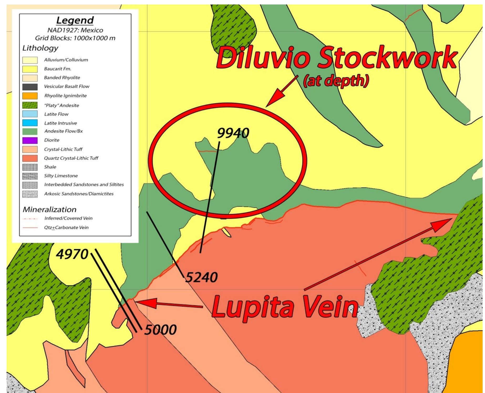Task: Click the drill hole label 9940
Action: (233, 133)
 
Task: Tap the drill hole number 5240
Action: (202, 277)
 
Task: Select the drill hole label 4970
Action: (72, 254)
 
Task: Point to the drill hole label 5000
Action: (161, 330)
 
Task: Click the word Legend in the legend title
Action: (75, 20)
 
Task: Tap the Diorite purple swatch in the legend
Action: (30, 140)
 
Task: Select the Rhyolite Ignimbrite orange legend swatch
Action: (30, 96)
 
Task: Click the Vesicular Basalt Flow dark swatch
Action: (30, 87)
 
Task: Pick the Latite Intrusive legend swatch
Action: (30, 123)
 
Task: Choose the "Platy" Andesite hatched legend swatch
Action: (30, 105)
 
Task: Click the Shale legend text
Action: (50, 167)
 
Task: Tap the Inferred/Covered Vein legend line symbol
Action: (30, 218)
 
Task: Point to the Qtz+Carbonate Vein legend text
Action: (66, 228)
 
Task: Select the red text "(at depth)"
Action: (336, 81)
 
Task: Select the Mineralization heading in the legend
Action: (49, 209)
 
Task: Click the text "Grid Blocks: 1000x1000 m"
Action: (75, 38)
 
